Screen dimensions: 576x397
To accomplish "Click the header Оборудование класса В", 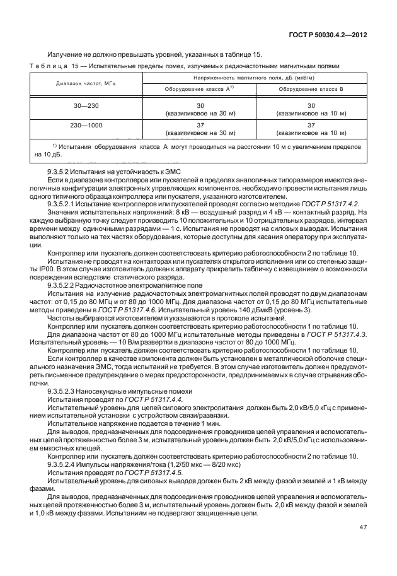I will coord(311,90).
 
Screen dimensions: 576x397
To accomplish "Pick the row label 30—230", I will coord(86,105).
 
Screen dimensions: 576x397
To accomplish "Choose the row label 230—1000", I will coord(86,126).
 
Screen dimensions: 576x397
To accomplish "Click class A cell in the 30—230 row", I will coord(200,109).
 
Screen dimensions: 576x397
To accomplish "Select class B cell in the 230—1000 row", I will coord(311,129).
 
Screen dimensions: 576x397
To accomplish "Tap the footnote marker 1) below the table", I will coord(55,146).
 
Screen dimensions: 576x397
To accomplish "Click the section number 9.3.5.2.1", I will coord(64,203).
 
